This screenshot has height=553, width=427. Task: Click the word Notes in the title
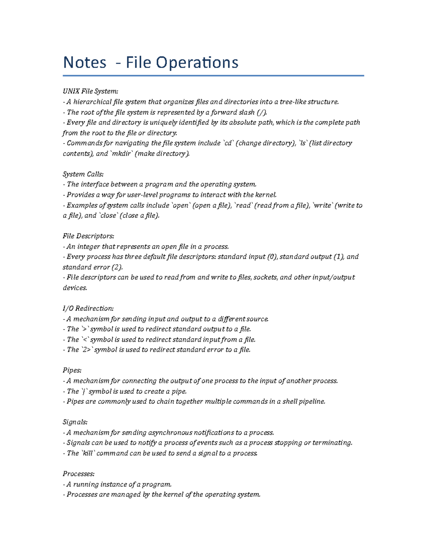(x=85, y=63)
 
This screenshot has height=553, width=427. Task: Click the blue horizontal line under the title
(x=213, y=75)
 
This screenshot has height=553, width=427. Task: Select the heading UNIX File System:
(x=90, y=92)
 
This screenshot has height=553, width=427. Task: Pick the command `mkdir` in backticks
(x=121, y=153)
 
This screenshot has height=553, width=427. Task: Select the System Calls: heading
(x=83, y=174)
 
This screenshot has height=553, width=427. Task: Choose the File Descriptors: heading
(x=88, y=236)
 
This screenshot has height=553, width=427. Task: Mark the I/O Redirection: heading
(x=88, y=308)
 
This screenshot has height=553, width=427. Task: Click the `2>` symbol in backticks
(x=86, y=350)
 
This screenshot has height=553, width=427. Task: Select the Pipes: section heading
(x=72, y=370)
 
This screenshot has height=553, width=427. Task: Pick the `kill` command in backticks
(x=88, y=453)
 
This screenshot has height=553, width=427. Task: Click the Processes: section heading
(x=79, y=474)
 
